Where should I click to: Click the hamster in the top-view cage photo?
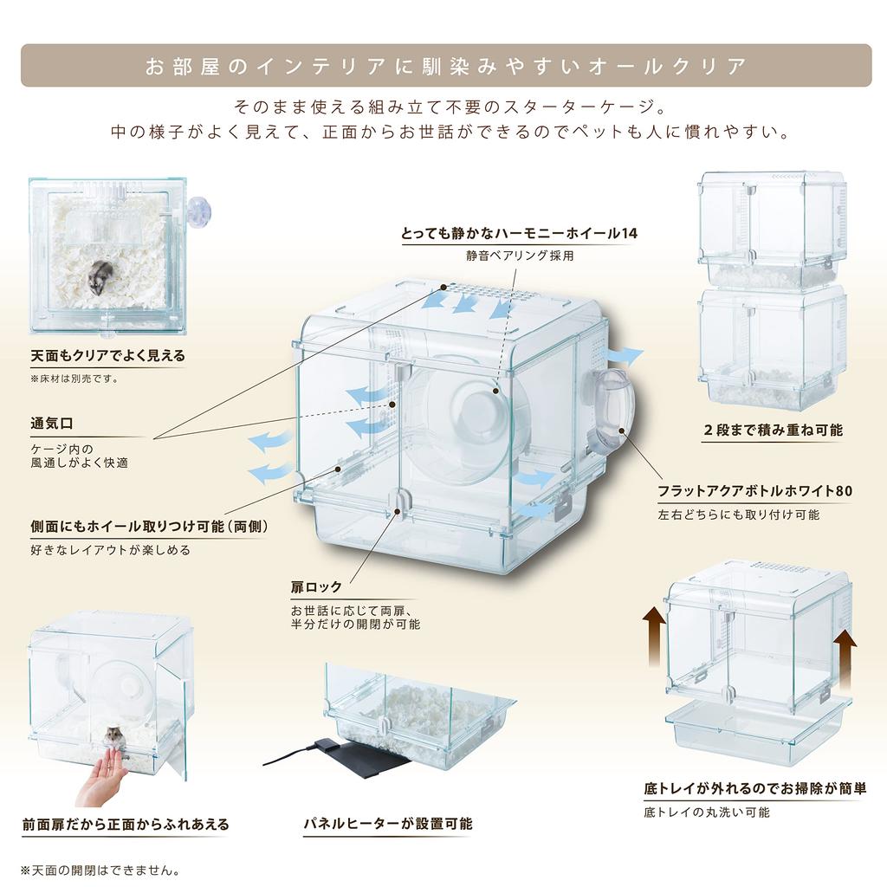tap(102, 275)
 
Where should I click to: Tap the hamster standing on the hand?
tap(114, 738)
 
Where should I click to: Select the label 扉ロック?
tap(316, 586)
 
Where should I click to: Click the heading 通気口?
tap(53, 424)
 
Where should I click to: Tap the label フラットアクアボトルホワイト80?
tap(754, 491)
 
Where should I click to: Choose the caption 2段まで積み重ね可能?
tap(773, 430)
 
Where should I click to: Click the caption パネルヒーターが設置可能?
tap(387, 823)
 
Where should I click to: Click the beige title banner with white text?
tap(445, 66)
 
